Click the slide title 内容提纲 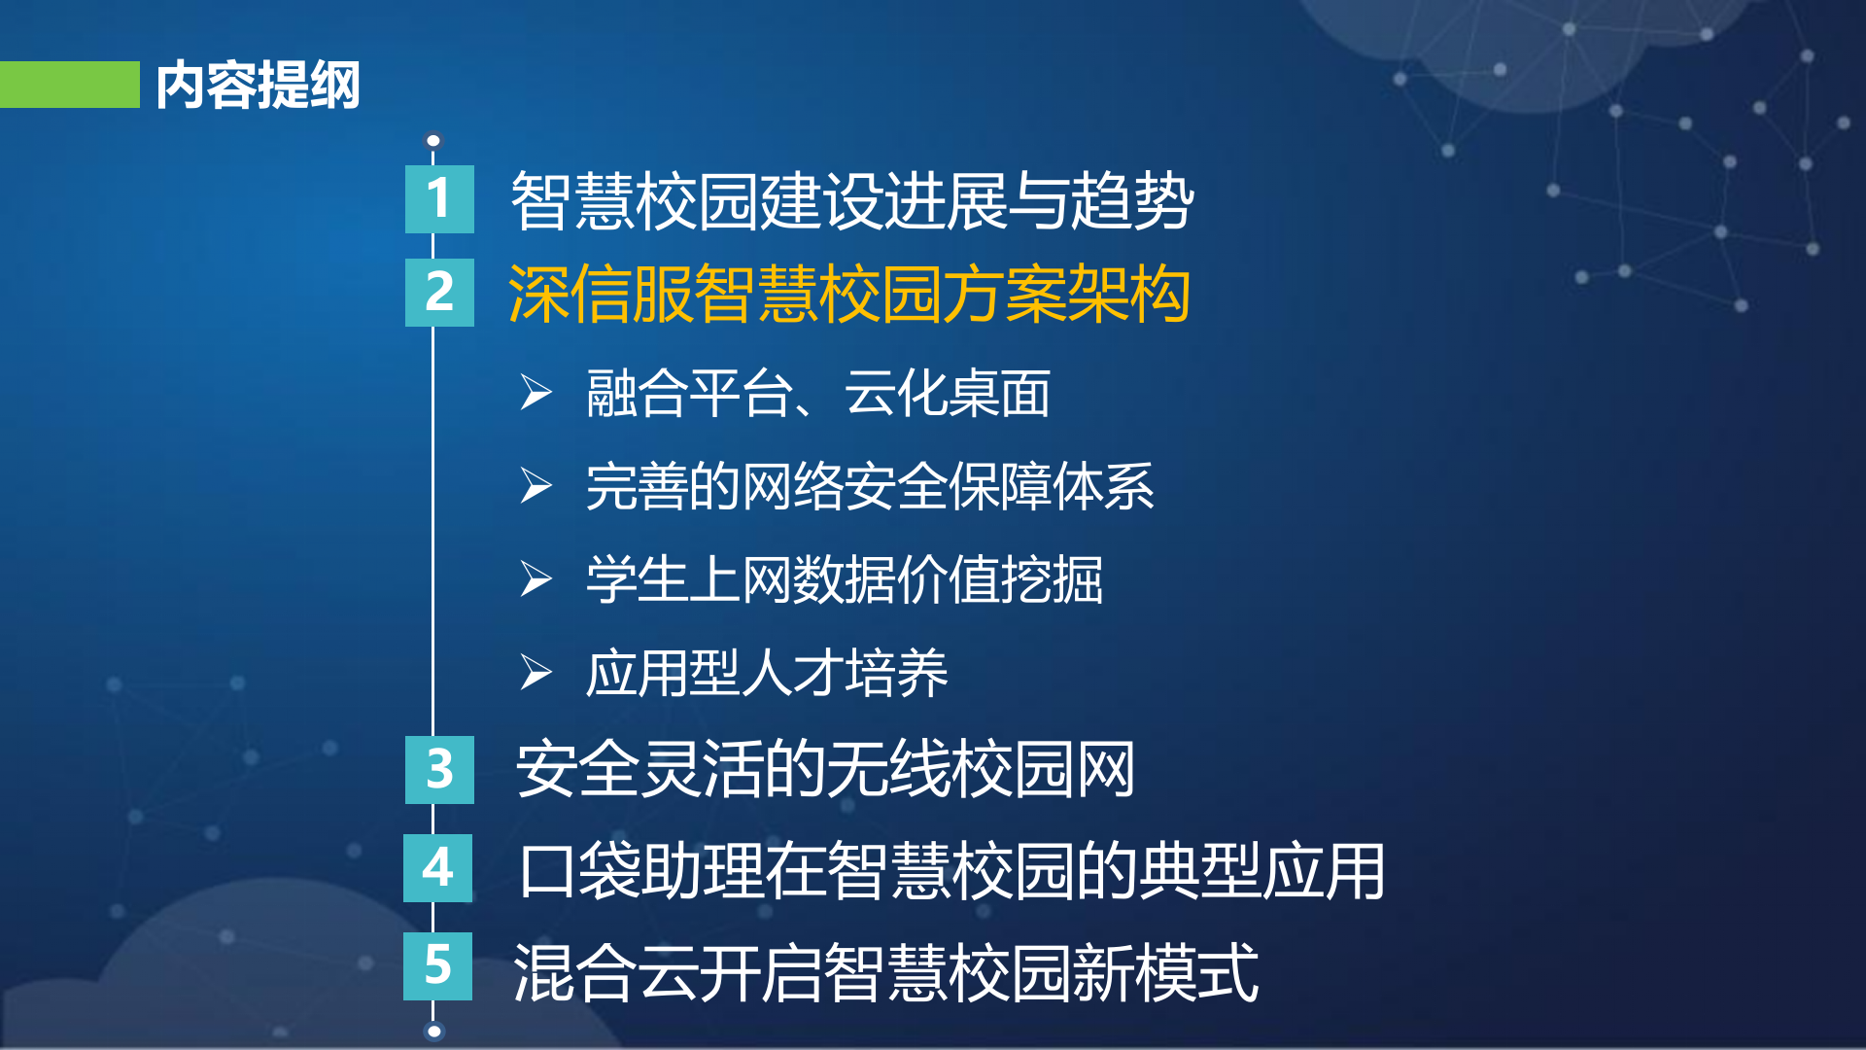258,86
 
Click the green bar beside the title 70,85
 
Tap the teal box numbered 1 439,199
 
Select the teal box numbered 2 439,293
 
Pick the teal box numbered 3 439,770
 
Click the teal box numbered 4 438,868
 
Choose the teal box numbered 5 438,966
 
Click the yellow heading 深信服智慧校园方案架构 849,294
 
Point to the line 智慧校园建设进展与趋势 851,201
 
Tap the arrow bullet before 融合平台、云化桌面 536,393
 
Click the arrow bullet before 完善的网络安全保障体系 536,486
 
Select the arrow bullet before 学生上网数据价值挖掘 536,579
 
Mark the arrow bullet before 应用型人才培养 536,673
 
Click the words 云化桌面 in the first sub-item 947,394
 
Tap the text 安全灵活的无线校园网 825,770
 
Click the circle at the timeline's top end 433,141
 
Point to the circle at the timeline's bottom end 434,1032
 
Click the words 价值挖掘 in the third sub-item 999,580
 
